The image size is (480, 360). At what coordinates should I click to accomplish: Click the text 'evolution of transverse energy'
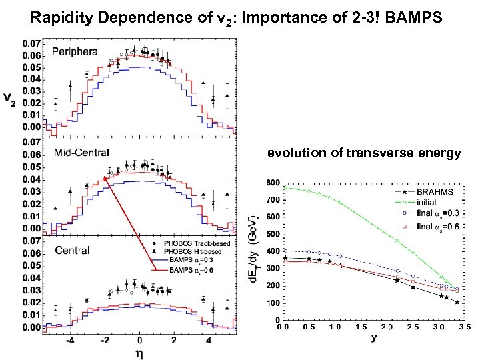(x=364, y=154)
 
